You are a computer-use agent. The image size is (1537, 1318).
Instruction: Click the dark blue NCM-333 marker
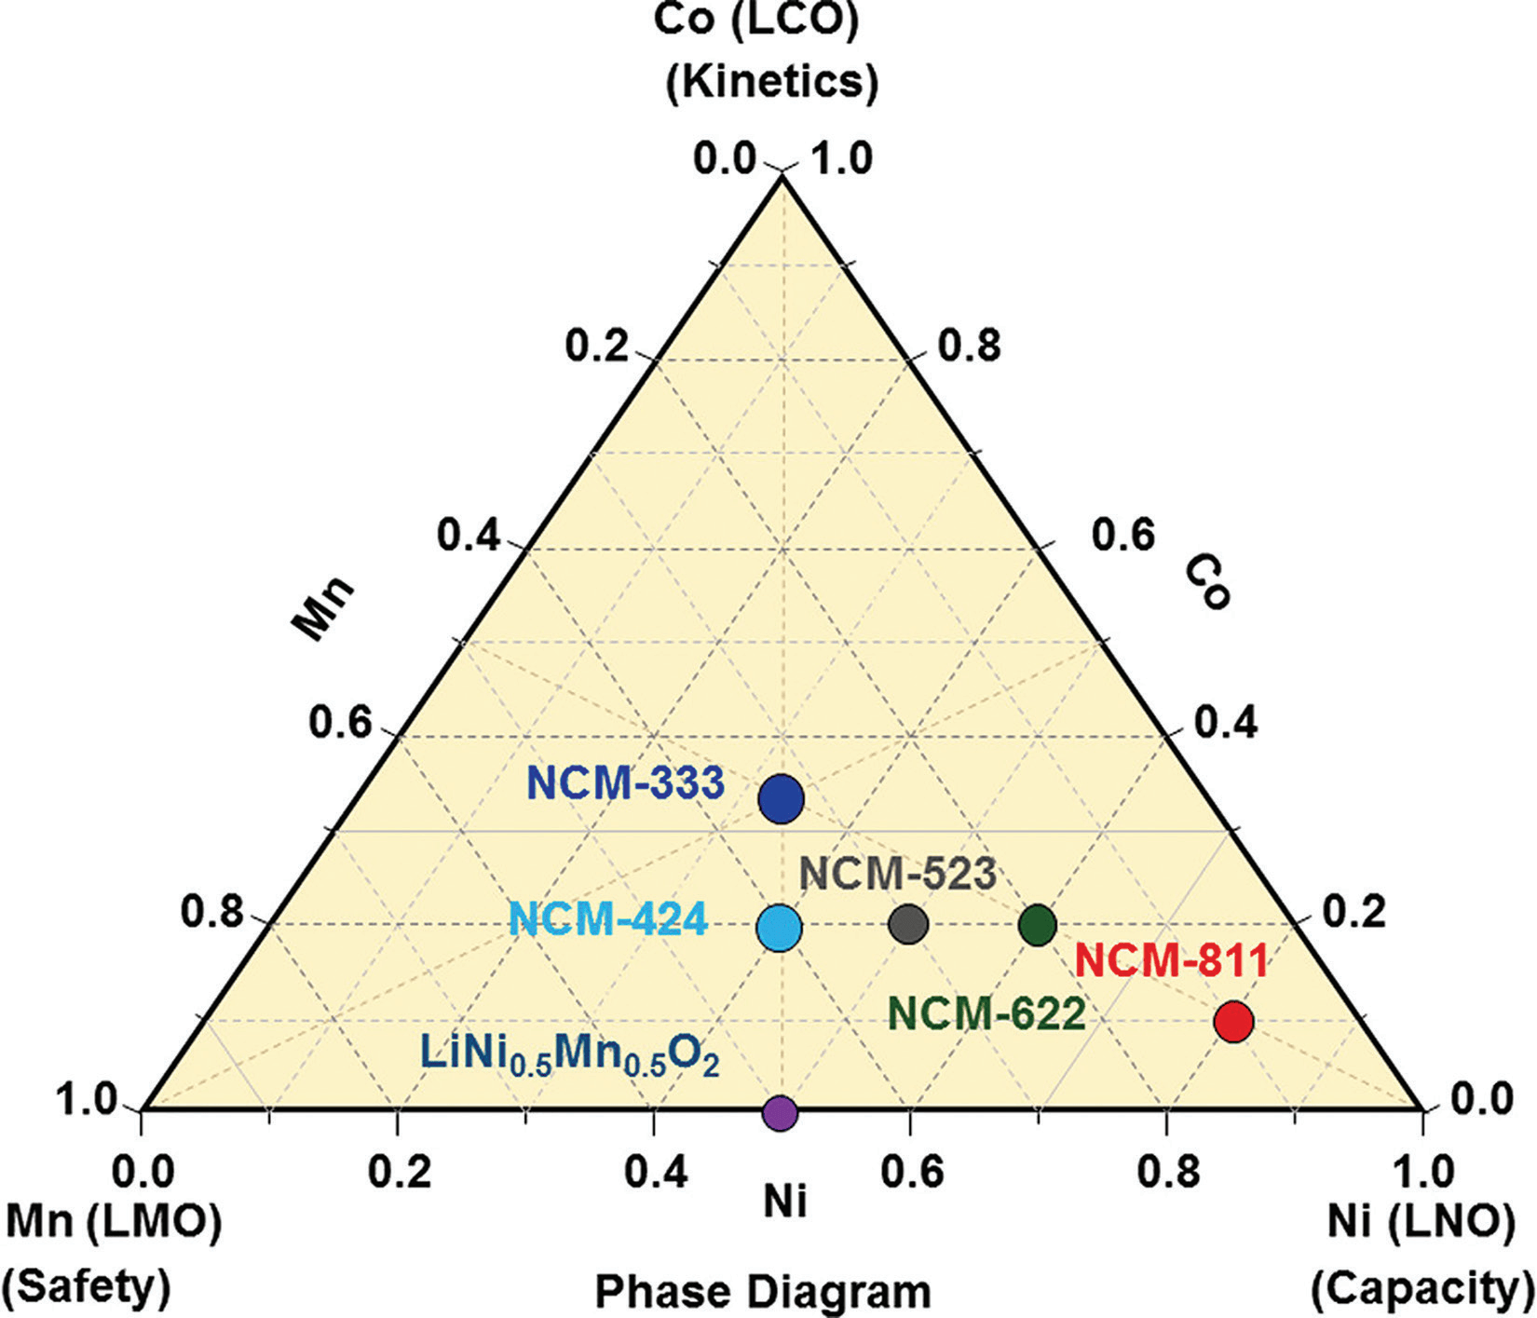(x=782, y=798)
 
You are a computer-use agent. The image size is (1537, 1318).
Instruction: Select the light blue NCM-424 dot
(x=780, y=927)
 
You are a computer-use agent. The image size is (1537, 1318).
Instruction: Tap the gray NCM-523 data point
(x=908, y=924)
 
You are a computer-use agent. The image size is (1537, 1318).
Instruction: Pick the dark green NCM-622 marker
(x=1037, y=924)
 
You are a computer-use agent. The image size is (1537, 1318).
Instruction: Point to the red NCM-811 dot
(x=1234, y=1021)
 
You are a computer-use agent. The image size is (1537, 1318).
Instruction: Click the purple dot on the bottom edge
(x=780, y=1111)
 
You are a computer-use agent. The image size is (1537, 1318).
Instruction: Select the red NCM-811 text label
(x=1172, y=961)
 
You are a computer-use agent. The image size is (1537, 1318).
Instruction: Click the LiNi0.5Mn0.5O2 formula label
(x=570, y=1053)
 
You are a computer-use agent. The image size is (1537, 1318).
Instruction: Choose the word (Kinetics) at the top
(x=771, y=82)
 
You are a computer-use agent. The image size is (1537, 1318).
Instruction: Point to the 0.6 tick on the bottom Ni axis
(x=909, y=1172)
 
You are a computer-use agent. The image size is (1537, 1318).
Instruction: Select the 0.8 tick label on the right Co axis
(x=969, y=346)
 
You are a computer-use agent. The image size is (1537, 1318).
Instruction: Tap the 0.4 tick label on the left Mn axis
(x=470, y=537)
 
